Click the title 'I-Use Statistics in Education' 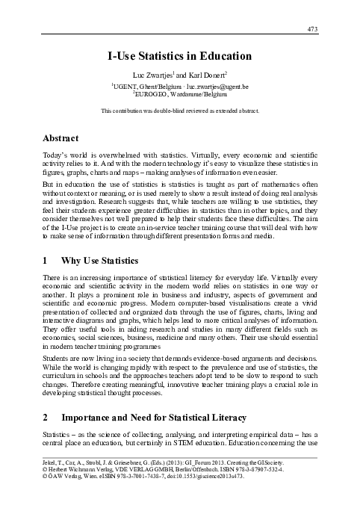(x=179, y=55)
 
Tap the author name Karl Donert (x=214, y=76)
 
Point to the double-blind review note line (x=179, y=111)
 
